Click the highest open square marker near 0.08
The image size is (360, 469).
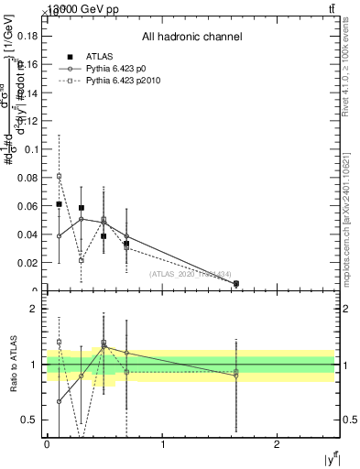pyautogui.click(x=60, y=176)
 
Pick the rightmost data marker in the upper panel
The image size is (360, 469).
pyautogui.click(x=236, y=284)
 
